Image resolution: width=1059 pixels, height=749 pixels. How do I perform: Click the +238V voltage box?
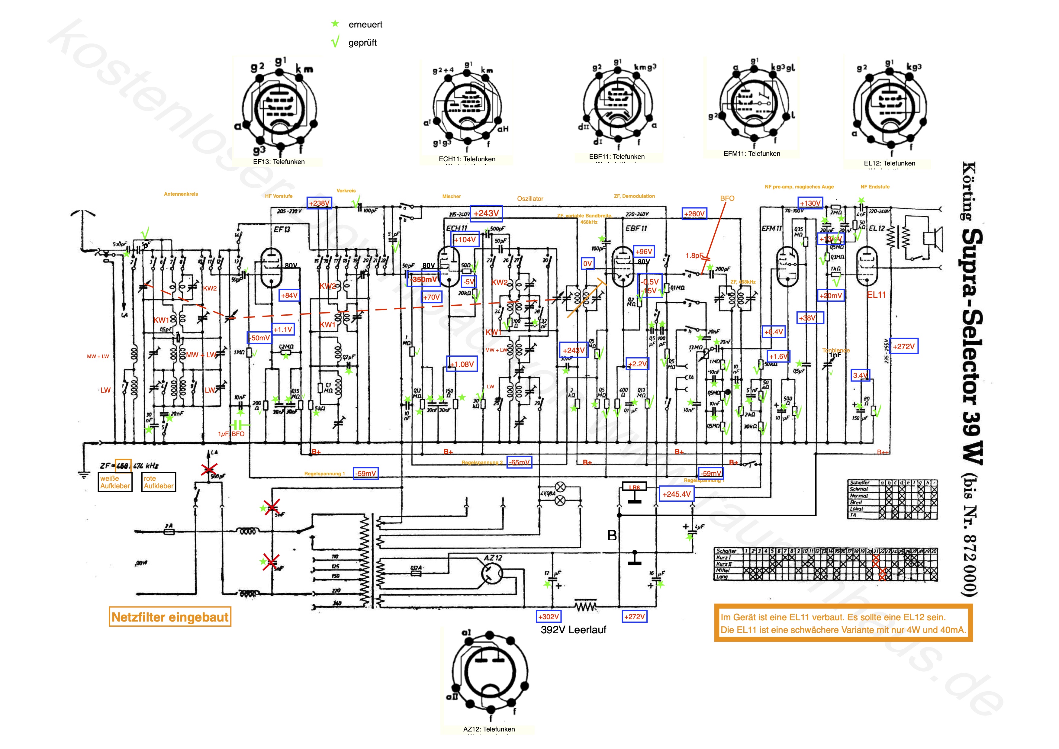point(319,203)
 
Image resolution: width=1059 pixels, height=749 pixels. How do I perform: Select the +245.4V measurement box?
point(676,494)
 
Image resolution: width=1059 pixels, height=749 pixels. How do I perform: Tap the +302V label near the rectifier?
point(549,617)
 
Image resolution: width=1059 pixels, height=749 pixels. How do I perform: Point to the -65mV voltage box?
point(519,462)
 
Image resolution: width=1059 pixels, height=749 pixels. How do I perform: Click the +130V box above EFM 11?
point(810,203)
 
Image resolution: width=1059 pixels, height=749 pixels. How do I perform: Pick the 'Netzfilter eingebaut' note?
point(170,617)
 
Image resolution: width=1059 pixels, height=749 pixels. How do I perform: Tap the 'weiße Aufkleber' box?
point(115,482)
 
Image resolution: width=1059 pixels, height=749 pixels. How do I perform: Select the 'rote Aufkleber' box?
point(159,482)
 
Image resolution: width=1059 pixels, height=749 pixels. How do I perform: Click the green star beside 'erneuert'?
point(335,24)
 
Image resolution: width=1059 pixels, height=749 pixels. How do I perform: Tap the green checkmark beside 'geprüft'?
point(335,42)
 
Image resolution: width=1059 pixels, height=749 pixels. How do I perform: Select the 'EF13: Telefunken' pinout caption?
point(278,162)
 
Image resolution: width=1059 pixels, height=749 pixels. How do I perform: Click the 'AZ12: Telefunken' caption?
point(489,729)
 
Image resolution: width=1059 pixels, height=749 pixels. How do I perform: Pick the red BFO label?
point(727,198)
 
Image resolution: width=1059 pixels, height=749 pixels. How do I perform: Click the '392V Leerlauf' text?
point(573,630)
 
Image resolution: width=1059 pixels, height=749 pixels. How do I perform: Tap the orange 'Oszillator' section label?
point(530,199)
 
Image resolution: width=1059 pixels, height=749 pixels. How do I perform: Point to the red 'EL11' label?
point(876,295)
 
